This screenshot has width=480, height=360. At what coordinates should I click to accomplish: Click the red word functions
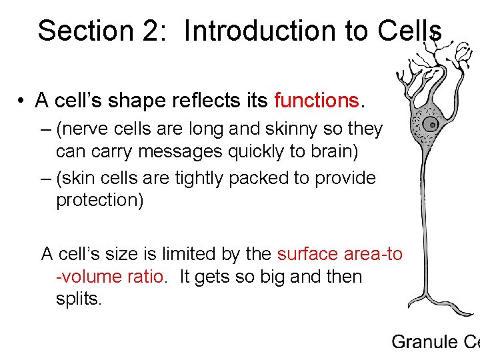(317, 100)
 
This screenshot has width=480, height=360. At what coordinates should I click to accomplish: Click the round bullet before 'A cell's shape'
(23, 101)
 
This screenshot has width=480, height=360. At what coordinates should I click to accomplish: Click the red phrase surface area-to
(339, 254)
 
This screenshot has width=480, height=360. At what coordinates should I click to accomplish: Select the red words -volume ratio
(109, 277)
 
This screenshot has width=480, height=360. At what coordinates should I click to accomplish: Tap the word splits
(79, 299)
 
